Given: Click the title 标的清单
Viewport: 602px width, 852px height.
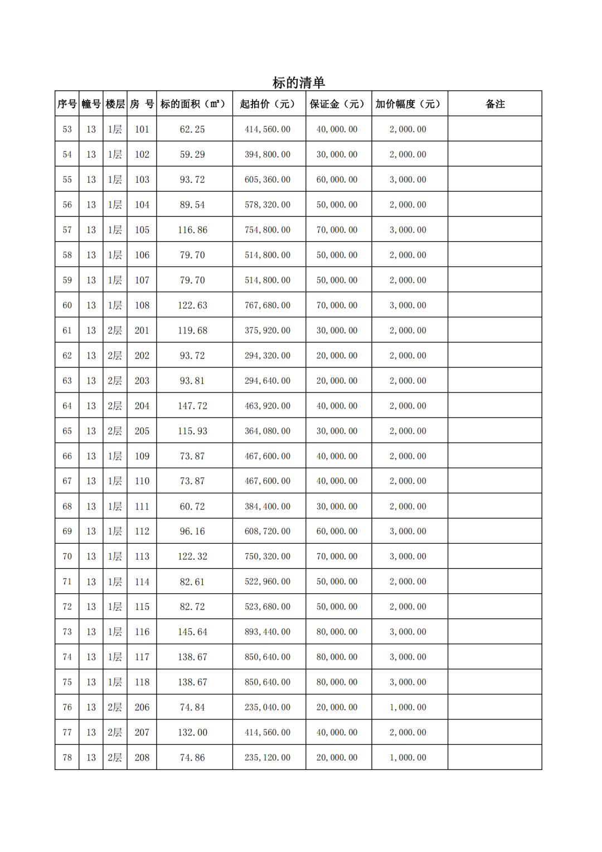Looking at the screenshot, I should (298, 83).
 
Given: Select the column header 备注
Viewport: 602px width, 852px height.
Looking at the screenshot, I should (494, 104).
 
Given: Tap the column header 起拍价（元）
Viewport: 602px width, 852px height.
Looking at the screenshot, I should (268, 104).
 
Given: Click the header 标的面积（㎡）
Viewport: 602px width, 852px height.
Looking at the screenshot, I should (193, 104).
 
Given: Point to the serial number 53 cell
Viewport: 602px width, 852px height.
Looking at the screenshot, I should (67, 129).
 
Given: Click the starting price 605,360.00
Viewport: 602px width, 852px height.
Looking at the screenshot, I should (268, 180).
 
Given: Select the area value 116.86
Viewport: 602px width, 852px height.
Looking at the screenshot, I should (192, 230).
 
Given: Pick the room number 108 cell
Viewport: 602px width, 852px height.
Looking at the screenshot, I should (142, 306).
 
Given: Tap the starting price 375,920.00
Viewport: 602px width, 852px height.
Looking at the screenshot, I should (268, 331).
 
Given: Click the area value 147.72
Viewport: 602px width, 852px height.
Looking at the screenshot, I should (192, 406).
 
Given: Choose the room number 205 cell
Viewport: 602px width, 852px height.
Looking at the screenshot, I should (142, 431).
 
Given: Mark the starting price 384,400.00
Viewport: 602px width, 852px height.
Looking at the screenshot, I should (268, 506).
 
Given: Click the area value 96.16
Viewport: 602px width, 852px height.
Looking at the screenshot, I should (192, 531).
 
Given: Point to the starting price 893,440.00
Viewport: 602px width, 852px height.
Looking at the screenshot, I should (268, 632).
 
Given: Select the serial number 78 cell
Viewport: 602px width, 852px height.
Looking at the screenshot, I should (67, 757).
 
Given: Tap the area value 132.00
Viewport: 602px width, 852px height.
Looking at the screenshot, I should (192, 732).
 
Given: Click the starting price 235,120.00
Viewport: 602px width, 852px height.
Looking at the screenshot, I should (268, 757).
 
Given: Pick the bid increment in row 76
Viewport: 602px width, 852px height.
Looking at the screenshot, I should (408, 707).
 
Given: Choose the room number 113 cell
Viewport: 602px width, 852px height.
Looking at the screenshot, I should (142, 556).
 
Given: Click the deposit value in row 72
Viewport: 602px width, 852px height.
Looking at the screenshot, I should (337, 607).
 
